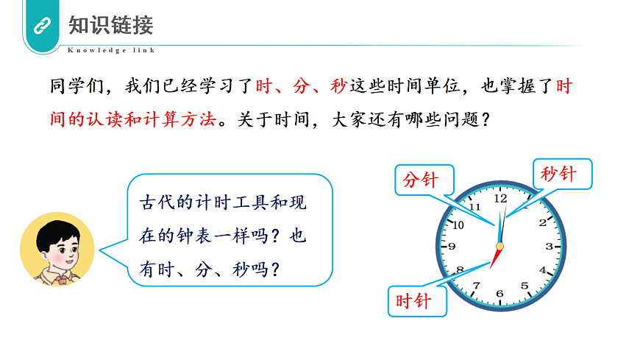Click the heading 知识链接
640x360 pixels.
coord(110,26)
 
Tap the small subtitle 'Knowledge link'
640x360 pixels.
coord(111,50)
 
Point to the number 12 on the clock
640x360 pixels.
coord(501,199)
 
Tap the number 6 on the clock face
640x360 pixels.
coord(500,294)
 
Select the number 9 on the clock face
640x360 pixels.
coord(452,247)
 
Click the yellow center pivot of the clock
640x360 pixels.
coord(500,246)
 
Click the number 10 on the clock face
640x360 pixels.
coord(458,225)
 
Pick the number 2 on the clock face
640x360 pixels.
coord(543,223)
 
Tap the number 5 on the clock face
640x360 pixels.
coord(525,286)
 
